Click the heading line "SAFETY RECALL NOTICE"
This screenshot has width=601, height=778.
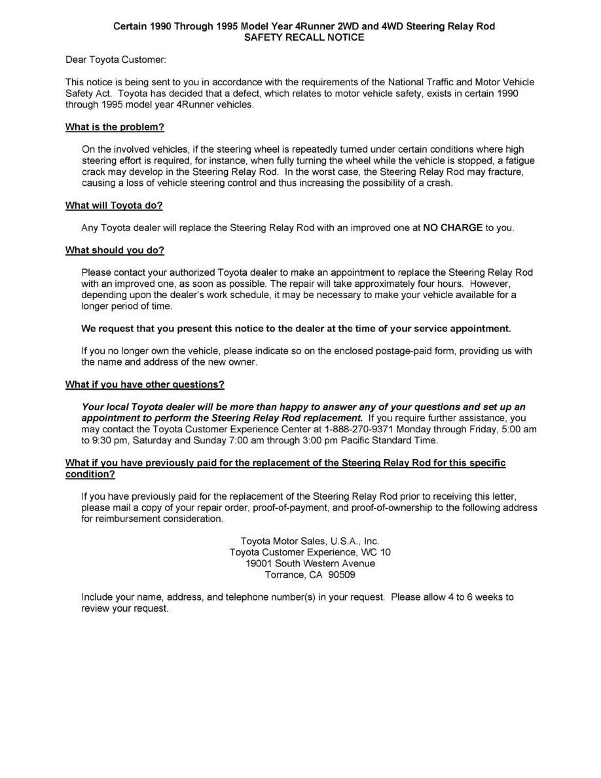pos(304,37)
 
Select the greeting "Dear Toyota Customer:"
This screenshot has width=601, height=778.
pos(116,60)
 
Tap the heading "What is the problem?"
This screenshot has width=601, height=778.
pos(115,127)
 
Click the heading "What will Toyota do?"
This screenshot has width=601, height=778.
pos(114,206)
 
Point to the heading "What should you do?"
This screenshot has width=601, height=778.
pos(115,250)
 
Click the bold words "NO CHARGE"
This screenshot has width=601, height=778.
pos(453,228)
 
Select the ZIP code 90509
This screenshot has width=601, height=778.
pos(342,575)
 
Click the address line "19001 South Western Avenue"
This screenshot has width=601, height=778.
pos(310,563)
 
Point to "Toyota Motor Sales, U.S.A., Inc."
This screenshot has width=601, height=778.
pos(310,541)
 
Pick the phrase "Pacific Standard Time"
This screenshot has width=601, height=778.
pos(380,440)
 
